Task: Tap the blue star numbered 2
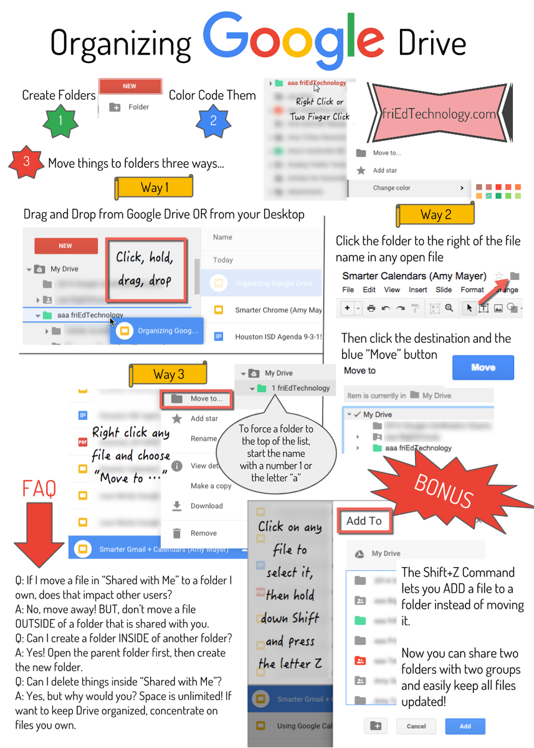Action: (x=213, y=120)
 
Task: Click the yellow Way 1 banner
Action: (x=154, y=188)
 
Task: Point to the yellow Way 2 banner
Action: (x=435, y=215)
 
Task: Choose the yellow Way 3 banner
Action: (x=168, y=374)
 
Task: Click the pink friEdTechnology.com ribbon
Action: (x=441, y=114)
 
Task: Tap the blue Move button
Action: (x=483, y=368)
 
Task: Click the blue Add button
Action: (x=465, y=726)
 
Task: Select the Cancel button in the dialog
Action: (x=416, y=726)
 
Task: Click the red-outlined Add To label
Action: (x=365, y=521)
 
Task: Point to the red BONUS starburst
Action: (x=444, y=493)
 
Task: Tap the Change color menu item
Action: (x=392, y=188)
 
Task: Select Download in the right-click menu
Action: (x=206, y=506)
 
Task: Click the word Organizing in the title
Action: (x=121, y=44)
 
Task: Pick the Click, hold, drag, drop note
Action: (x=145, y=269)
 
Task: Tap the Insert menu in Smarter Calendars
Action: (x=418, y=290)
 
